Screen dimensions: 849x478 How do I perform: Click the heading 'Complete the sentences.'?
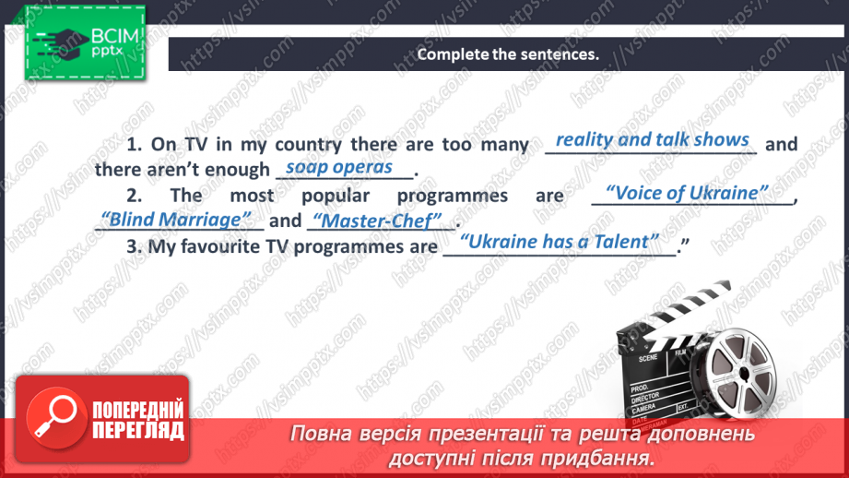point(508,54)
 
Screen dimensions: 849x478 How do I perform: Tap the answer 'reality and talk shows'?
point(653,139)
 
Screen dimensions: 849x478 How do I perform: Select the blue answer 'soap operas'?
point(339,167)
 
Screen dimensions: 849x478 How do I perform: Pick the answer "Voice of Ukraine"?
point(687,193)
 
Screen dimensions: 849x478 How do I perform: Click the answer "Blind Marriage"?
point(176,220)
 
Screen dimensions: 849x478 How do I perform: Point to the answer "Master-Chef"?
point(377,221)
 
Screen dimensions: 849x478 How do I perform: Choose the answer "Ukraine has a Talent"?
point(560,242)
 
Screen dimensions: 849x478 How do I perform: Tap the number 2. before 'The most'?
point(135,195)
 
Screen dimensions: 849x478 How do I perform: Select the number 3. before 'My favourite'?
point(135,246)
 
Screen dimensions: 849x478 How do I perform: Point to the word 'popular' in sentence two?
point(336,197)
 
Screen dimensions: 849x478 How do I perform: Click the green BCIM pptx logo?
point(85,42)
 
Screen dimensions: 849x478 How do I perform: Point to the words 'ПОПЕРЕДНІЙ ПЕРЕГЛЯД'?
point(138,420)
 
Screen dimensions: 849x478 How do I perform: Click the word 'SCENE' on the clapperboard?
point(648,358)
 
